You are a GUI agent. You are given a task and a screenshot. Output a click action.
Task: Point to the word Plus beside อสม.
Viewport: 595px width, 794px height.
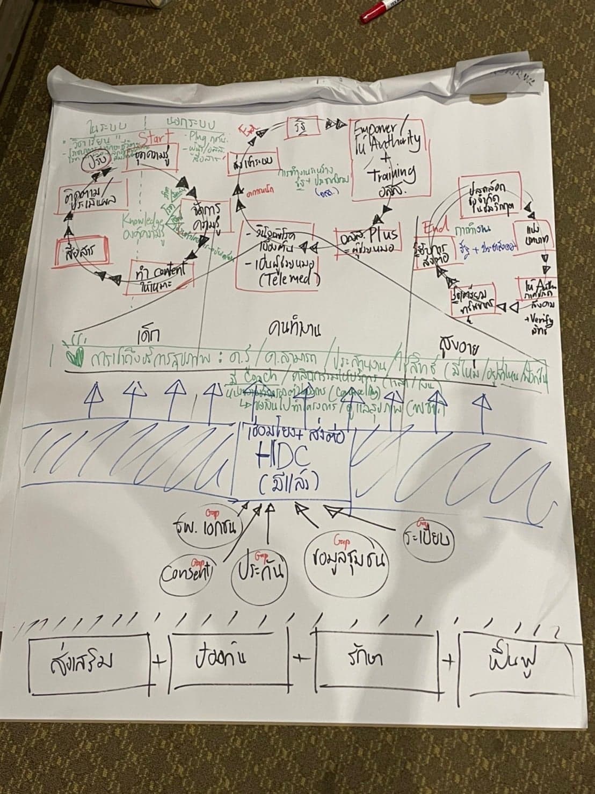[x=383, y=234]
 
